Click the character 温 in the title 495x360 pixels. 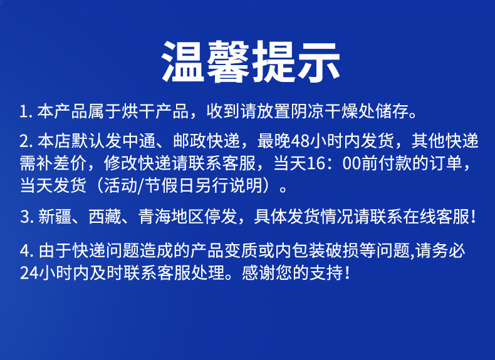point(183,61)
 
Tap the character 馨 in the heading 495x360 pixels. point(228,61)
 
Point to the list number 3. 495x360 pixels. point(26,217)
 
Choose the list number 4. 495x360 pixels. point(26,252)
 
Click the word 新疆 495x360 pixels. point(55,217)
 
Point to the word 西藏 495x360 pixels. point(105,217)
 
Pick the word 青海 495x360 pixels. point(155,217)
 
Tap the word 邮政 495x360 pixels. point(190,141)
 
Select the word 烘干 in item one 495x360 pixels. point(139,111)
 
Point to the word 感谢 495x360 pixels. point(259,273)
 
